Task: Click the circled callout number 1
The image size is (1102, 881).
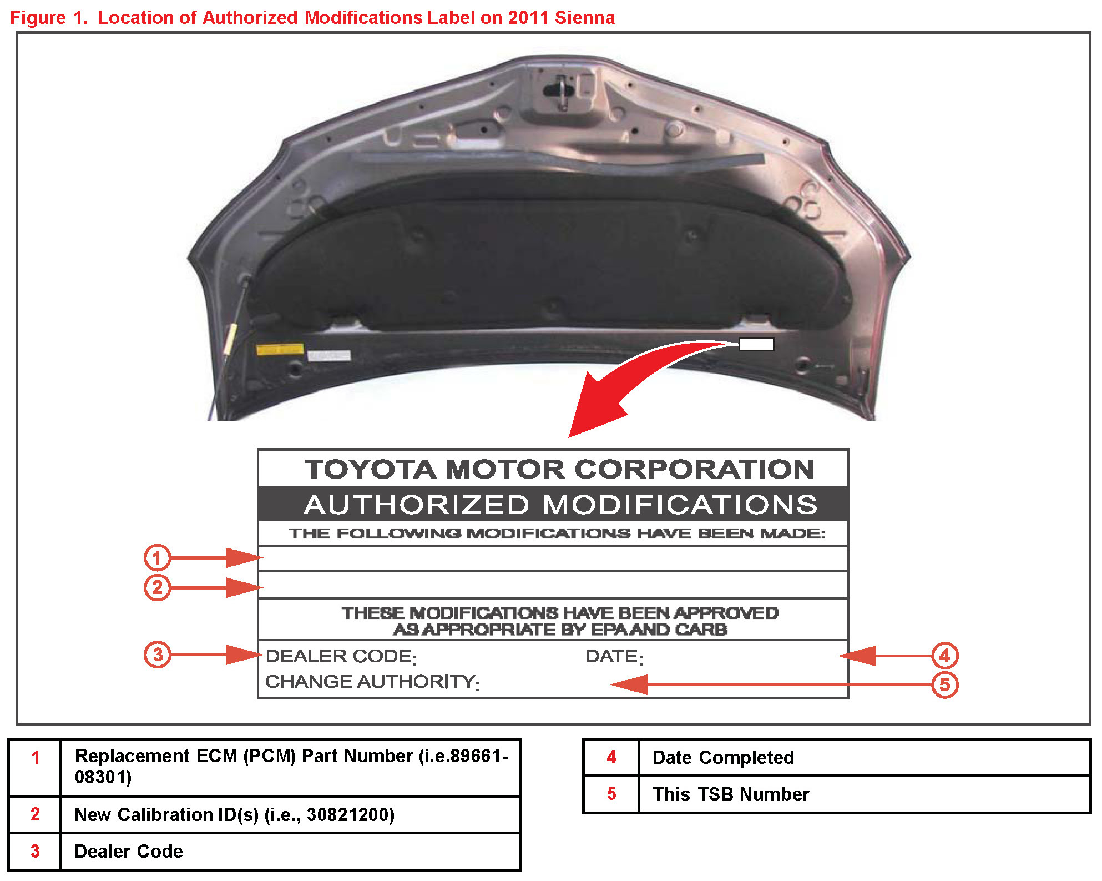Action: click(157, 557)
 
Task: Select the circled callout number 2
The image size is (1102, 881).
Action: click(157, 587)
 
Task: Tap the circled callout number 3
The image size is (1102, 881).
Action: click(158, 655)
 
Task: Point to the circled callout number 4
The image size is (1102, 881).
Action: click(944, 656)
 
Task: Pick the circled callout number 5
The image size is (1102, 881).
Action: click(944, 684)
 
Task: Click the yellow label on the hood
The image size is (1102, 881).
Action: click(280, 349)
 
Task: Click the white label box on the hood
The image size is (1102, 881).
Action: click(756, 344)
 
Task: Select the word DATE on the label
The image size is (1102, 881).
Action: click(613, 656)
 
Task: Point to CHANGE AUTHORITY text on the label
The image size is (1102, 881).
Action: click(371, 682)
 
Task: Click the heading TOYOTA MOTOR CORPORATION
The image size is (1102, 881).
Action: click(559, 469)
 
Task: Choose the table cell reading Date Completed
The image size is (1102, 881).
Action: click(723, 757)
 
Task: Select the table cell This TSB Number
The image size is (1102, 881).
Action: click(731, 794)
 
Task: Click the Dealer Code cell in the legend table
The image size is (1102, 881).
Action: click(129, 851)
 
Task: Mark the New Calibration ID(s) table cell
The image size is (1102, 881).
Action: click(234, 814)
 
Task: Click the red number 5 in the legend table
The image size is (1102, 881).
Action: click(611, 794)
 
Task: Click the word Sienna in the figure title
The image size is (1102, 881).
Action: click(584, 18)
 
